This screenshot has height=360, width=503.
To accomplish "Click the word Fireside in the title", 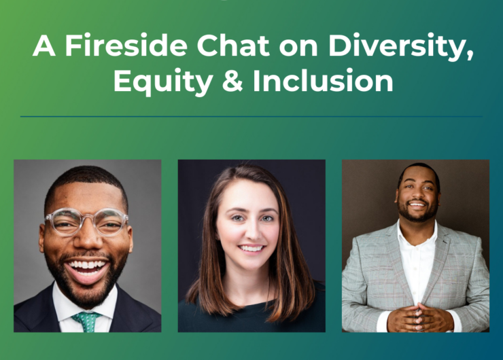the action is click(126, 46).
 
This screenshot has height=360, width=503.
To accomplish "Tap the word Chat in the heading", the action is click(233, 46).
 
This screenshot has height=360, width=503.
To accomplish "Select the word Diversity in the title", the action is click(400, 47).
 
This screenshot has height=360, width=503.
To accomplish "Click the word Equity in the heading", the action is click(163, 82).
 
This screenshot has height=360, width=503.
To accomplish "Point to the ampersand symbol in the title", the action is click(232, 80).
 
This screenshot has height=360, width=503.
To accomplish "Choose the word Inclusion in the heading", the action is click(323, 80).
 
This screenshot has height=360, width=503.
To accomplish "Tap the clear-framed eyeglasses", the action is click(86, 222).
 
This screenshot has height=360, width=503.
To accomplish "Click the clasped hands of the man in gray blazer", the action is click(419, 318).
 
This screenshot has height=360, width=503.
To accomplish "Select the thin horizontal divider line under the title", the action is click(252, 117).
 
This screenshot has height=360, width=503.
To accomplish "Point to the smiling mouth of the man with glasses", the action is click(86, 268).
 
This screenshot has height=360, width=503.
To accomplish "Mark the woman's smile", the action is click(252, 249).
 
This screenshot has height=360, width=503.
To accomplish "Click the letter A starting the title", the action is click(44, 46).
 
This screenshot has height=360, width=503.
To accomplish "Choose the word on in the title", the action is click(298, 48).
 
